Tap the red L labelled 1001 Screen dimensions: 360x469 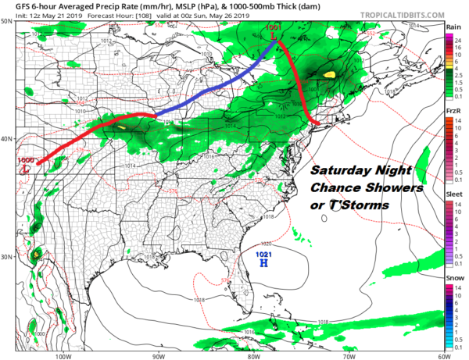(273, 36)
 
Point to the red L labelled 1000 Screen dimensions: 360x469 (27, 167)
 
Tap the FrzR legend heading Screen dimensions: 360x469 (453, 112)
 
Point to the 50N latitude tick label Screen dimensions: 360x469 (7, 21)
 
